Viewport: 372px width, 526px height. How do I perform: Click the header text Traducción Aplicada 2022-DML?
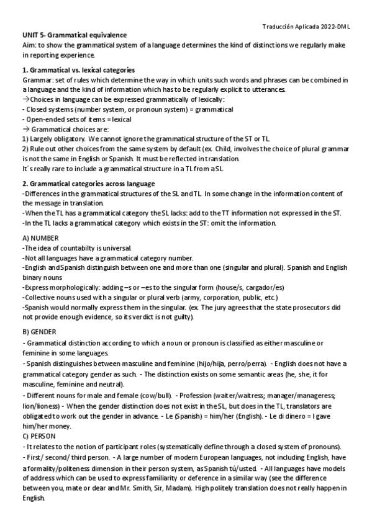[x=307, y=25]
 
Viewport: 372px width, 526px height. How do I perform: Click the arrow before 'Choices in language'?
[x=25, y=100]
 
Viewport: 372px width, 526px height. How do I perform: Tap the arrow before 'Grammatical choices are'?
[x=25, y=128]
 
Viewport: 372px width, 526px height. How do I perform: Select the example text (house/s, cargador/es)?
[x=248, y=287]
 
